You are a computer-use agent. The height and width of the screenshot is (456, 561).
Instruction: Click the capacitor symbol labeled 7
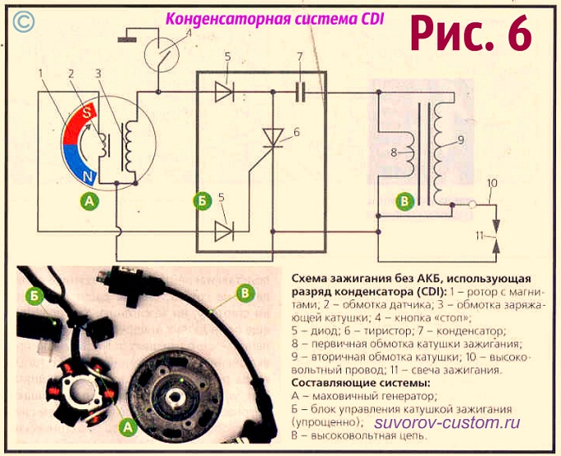[x=301, y=92]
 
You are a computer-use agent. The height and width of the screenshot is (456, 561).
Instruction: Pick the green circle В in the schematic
[x=403, y=199]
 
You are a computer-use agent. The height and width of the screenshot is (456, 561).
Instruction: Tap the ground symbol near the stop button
[x=127, y=37]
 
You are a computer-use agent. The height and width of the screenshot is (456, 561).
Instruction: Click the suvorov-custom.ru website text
[x=447, y=422]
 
